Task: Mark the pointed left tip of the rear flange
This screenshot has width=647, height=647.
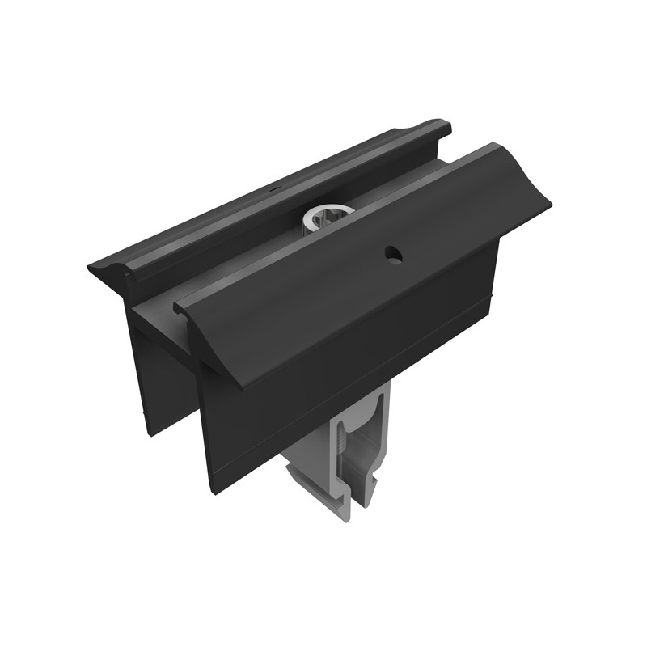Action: coord(91,265)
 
